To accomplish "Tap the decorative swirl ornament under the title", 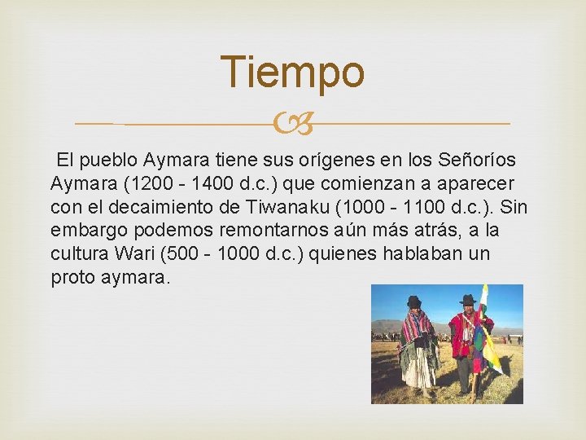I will pyautogui.click(x=292, y=124).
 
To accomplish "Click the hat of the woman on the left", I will pyautogui.click(x=414, y=300).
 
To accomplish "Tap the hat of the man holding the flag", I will pyautogui.click(x=466, y=299).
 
